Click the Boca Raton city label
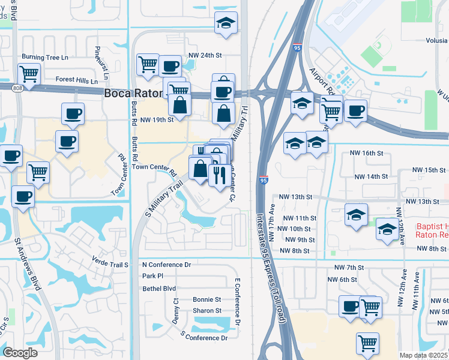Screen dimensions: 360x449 pos(133,94)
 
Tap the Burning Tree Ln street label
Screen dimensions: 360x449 pos(45,57)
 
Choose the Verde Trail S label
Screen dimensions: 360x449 pos(110,264)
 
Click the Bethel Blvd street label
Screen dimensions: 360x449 pos(159,289)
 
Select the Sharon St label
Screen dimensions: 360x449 pos(207,311)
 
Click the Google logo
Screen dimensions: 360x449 pos(20,352)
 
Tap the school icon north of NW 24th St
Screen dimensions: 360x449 pos(226,23)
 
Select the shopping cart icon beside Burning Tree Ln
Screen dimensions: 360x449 pos(29,74)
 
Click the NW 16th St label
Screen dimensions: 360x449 pos(367,154)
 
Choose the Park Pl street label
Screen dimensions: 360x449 pos(152,276)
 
